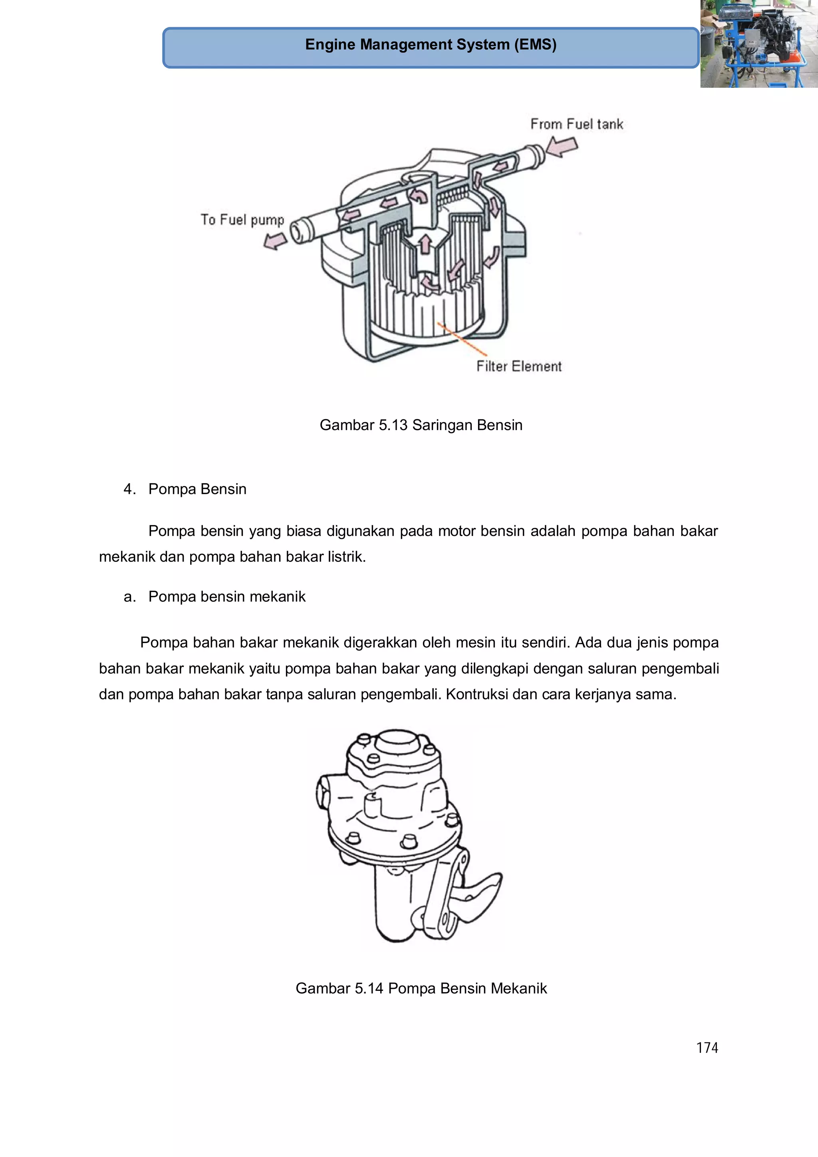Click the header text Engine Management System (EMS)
pos(431,44)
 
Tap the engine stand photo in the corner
pos(758,44)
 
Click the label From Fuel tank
pos(577,124)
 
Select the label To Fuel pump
pos(242,220)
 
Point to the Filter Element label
pos(518,366)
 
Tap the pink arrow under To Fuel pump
pos(275,240)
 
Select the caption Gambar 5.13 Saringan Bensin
pos(421,425)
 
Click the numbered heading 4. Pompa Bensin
pos(185,489)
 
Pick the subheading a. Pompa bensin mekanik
pos(215,596)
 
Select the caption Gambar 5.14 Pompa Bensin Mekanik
pos(421,988)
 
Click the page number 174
pos(707,1048)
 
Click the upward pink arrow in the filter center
pos(425,243)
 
